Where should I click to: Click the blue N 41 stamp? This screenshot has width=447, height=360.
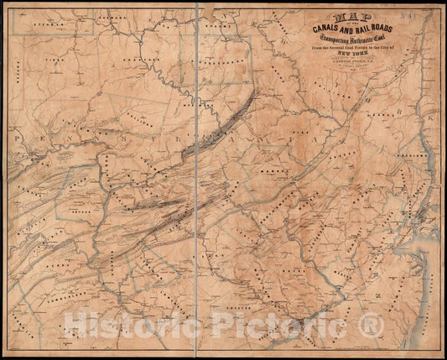[431, 15]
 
